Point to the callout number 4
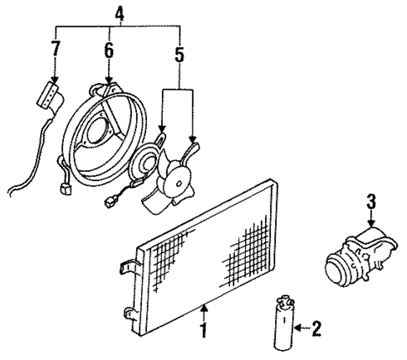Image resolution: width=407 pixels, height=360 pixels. click(x=118, y=14)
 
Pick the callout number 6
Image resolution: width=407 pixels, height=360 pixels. click(x=107, y=51)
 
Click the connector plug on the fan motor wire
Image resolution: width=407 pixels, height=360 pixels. click(x=108, y=201)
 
